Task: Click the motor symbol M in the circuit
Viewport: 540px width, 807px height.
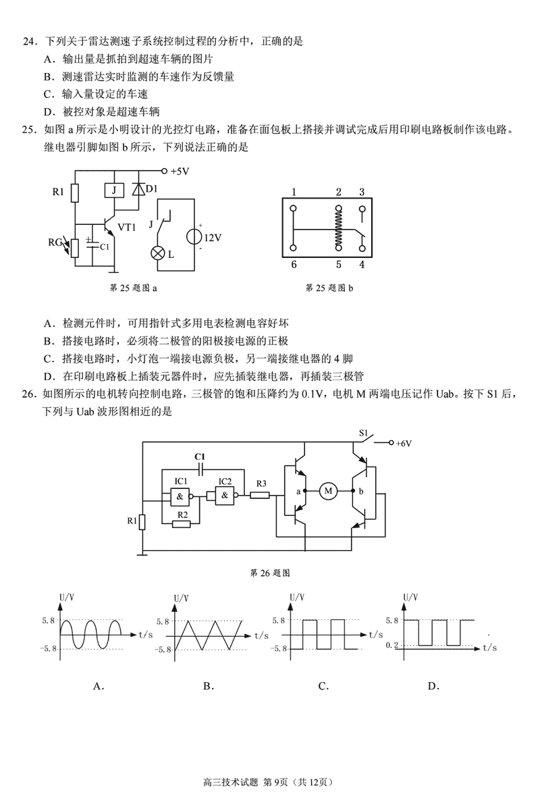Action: (x=329, y=491)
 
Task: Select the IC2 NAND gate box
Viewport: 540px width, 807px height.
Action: (x=224, y=497)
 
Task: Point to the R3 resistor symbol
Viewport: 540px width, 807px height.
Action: (x=261, y=496)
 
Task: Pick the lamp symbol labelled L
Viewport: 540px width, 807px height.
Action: (x=160, y=253)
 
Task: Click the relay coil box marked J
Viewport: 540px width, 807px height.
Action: (x=114, y=190)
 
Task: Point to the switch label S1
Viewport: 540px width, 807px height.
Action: (x=364, y=432)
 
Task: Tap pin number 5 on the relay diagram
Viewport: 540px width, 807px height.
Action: (x=339, y=264)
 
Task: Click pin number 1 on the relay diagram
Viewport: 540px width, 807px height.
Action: (x=294, y=192)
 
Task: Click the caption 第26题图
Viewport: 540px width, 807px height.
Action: (x=270, y=573)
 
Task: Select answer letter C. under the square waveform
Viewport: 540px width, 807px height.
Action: (x=323, y=686)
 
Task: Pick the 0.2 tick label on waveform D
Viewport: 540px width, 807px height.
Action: (x=391, y=646)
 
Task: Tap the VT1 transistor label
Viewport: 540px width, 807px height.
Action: (x=127, y=227)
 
